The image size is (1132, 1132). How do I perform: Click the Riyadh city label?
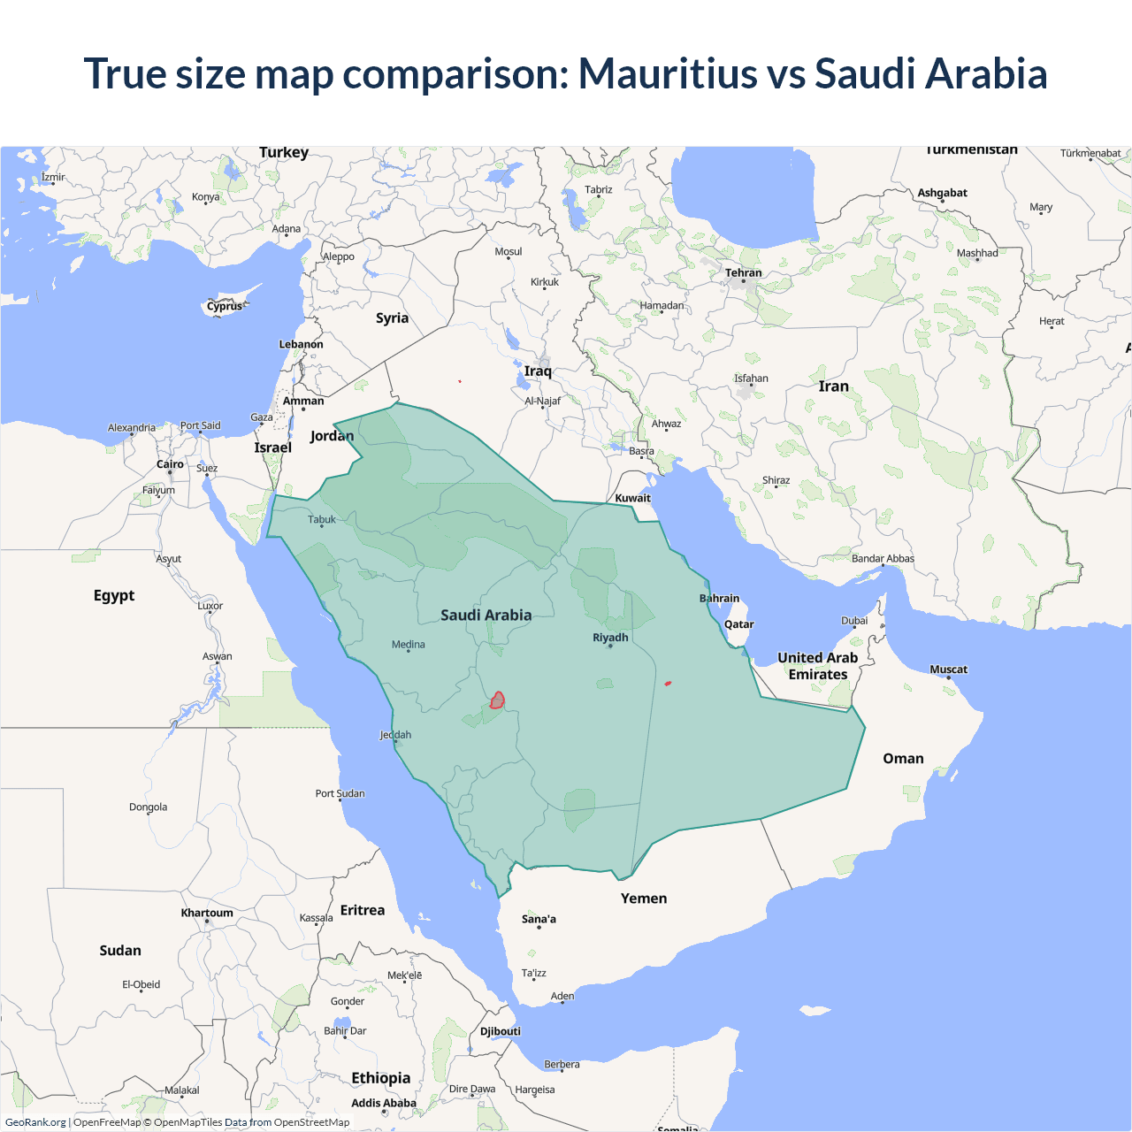610,638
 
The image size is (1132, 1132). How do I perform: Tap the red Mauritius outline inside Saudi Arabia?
498,700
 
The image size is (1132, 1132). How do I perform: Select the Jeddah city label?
395,735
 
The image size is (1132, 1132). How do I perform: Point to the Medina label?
409,645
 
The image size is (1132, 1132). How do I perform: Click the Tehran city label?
743,273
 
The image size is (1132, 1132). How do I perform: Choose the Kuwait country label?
632,498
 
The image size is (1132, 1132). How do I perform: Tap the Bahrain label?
719,599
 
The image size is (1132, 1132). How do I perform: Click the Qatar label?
738,624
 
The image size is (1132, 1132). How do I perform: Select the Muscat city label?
948,669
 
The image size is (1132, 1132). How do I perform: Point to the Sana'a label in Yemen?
539,919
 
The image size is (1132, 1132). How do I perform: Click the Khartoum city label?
207,913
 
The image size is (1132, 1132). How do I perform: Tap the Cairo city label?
170,464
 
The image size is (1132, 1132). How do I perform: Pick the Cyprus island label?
225,307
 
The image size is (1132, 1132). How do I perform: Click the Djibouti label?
501,1031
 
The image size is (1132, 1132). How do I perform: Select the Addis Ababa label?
383,1103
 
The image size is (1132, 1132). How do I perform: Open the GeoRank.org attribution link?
35,1122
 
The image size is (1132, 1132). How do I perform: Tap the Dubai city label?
854,621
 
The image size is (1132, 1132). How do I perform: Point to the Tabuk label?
322,520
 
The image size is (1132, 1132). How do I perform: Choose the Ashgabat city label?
942,193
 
